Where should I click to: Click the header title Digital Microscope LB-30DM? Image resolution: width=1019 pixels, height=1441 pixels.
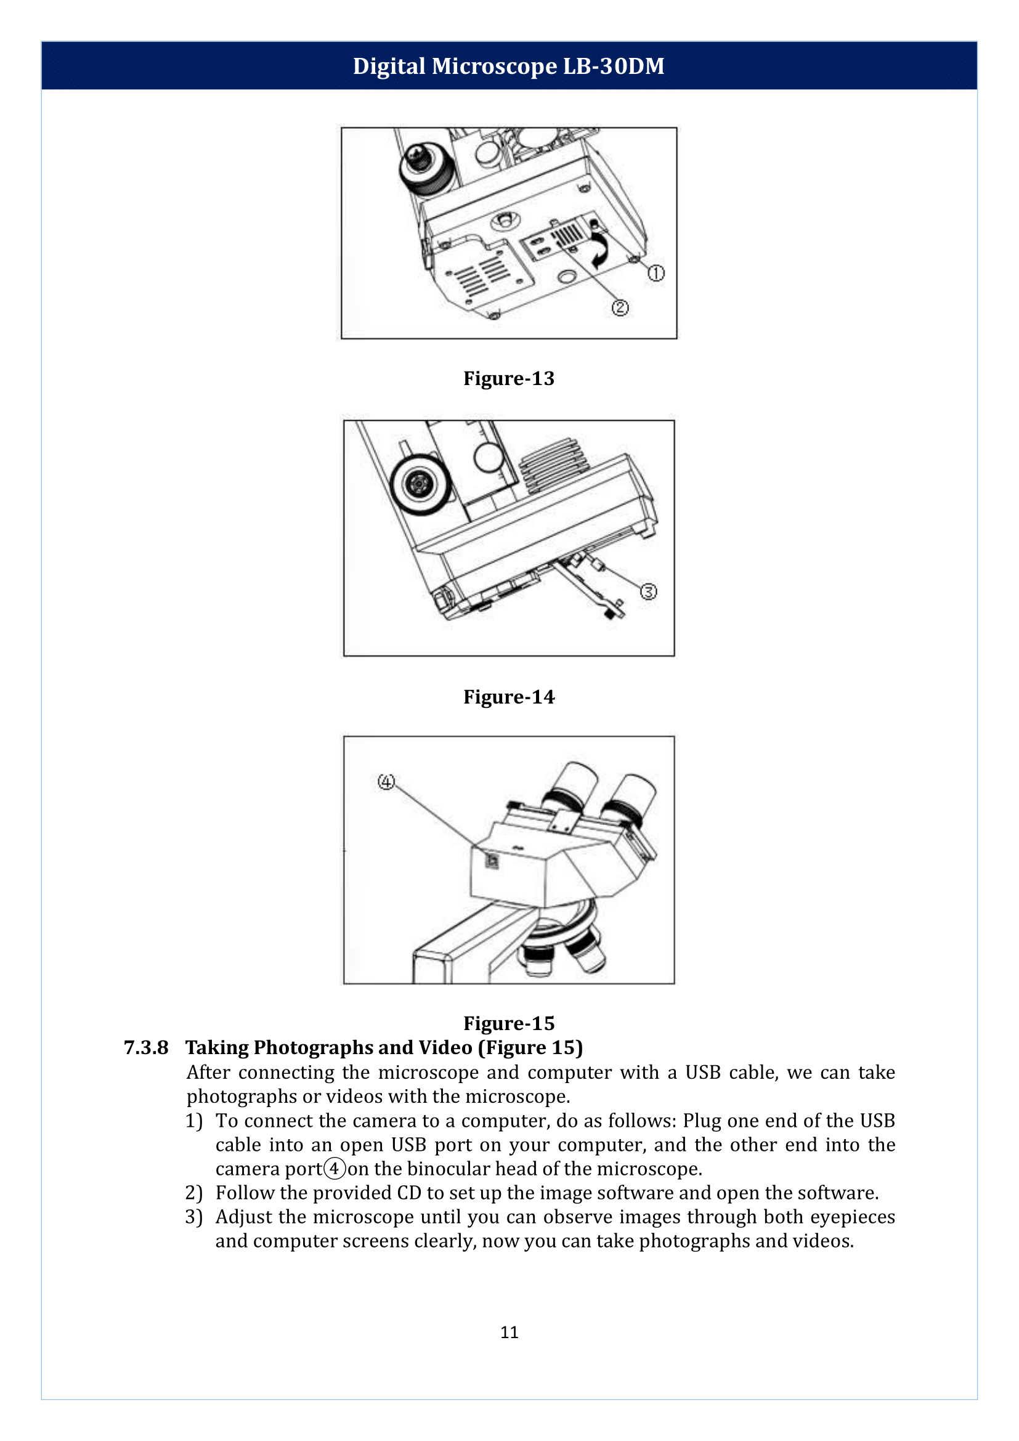[x=508, y=66]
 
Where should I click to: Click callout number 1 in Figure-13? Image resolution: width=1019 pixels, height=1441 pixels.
[x=656, y=273]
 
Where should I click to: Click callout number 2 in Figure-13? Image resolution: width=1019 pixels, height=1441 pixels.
[x=620, y=307]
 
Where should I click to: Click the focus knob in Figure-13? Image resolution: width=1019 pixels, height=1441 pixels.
[x=427, y=166]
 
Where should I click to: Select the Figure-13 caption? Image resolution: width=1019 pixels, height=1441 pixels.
[x=508, y=378]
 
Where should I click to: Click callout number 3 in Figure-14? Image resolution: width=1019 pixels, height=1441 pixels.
[x=648, y=591]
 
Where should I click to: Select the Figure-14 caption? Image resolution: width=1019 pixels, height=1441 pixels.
[x=508, y=697]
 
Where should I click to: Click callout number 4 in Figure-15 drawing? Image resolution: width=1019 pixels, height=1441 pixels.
[x=386, y=782]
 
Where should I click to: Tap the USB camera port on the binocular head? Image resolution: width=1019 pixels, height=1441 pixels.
[x=493, y=861]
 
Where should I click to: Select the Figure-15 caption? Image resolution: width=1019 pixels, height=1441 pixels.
[x=508, y=1023]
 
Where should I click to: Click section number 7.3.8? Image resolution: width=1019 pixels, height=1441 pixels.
[x=146, y=1047]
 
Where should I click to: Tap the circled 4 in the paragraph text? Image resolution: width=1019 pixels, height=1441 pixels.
[x=335, y=1169]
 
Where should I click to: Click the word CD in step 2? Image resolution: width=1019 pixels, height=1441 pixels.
[x=409, y=1193]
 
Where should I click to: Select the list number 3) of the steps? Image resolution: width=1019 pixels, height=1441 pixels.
[x=194, y=1217]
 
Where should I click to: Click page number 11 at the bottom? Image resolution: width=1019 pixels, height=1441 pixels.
[x=509, y=1332]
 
